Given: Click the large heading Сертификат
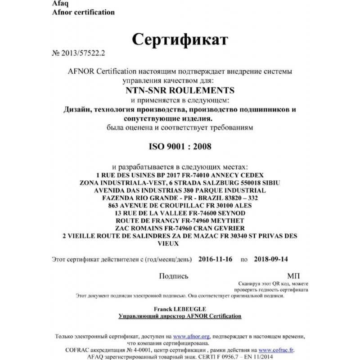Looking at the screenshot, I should (180, 40).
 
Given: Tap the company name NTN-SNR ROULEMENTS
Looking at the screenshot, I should (180, 90).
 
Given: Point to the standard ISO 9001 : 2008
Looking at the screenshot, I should (180, 146).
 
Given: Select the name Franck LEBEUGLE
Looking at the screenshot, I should (180, 310).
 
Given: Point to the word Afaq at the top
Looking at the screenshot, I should (49, 4).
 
